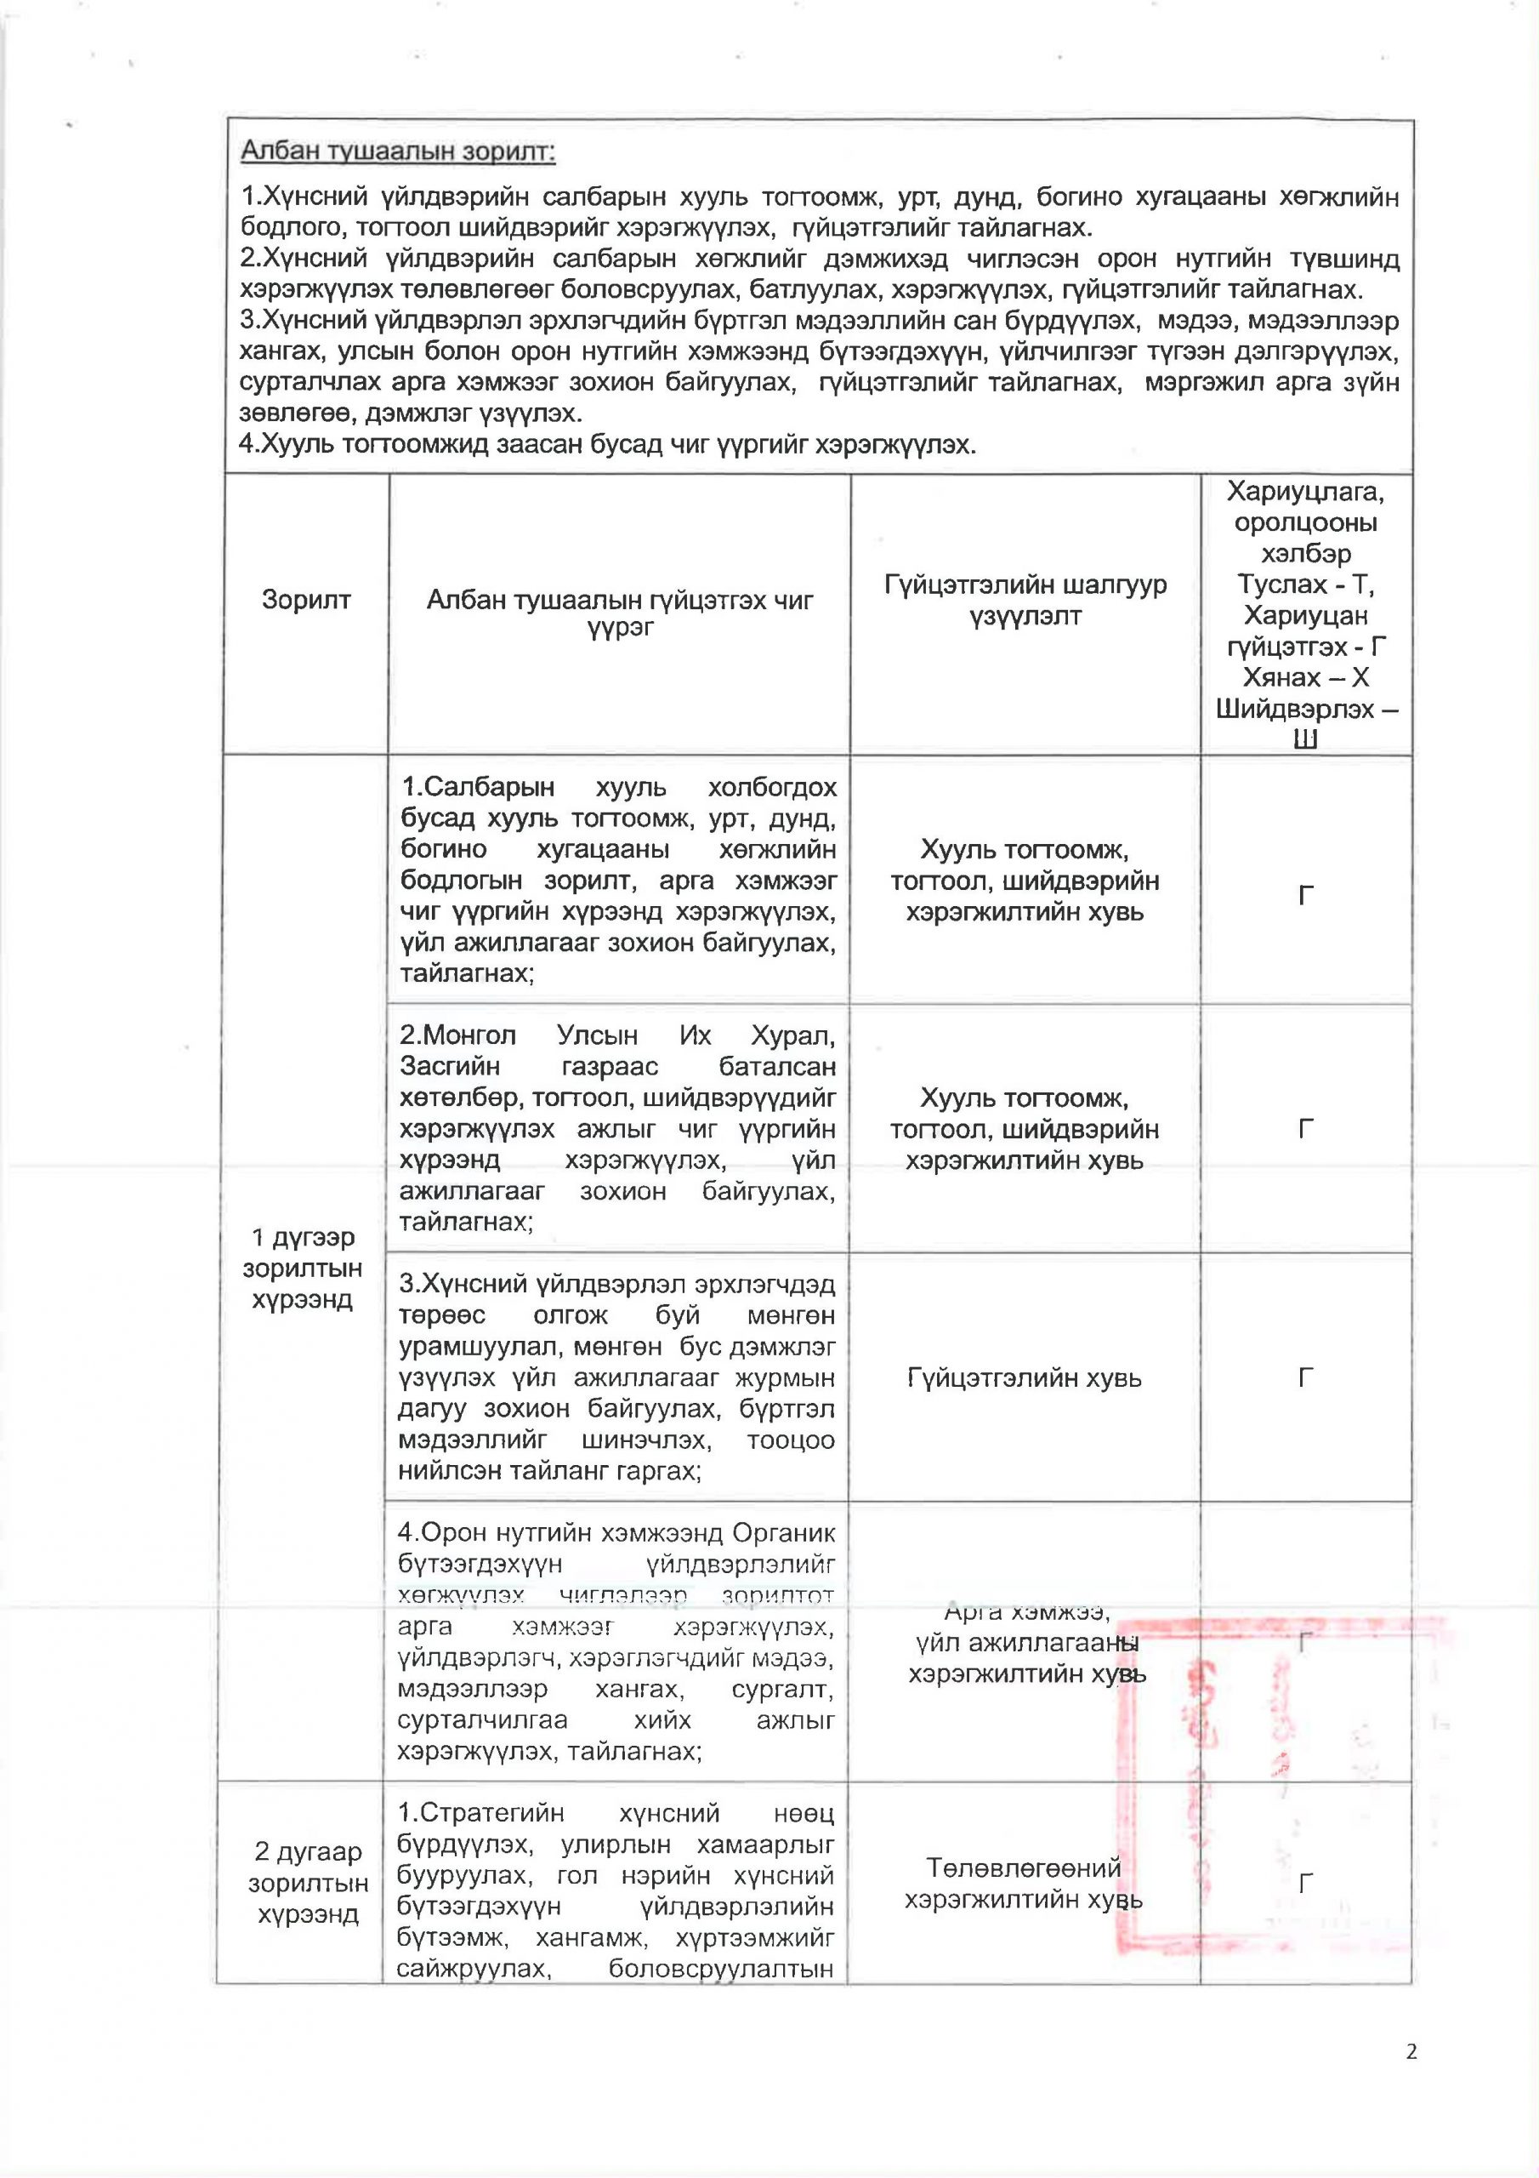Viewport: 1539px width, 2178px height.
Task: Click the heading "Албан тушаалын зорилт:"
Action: (x=398, y=151)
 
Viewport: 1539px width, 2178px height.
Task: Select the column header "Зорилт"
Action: (x=306, y=600)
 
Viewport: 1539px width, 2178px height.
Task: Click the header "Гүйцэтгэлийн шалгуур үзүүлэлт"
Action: (x=1025, y=600)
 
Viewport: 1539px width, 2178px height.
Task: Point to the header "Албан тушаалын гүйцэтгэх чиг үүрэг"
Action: (x=619, y=612)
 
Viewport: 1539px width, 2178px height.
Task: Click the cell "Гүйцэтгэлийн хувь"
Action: (x=1024, y=1377)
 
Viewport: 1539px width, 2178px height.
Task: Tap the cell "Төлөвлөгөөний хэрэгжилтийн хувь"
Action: (x=1024, y=1883)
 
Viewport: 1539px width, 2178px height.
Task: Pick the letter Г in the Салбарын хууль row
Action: (x=1306, y=894)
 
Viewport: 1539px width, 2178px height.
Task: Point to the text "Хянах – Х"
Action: (x=1306, y=677)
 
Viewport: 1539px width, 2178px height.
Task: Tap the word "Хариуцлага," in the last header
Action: (x=1306, y=492)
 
